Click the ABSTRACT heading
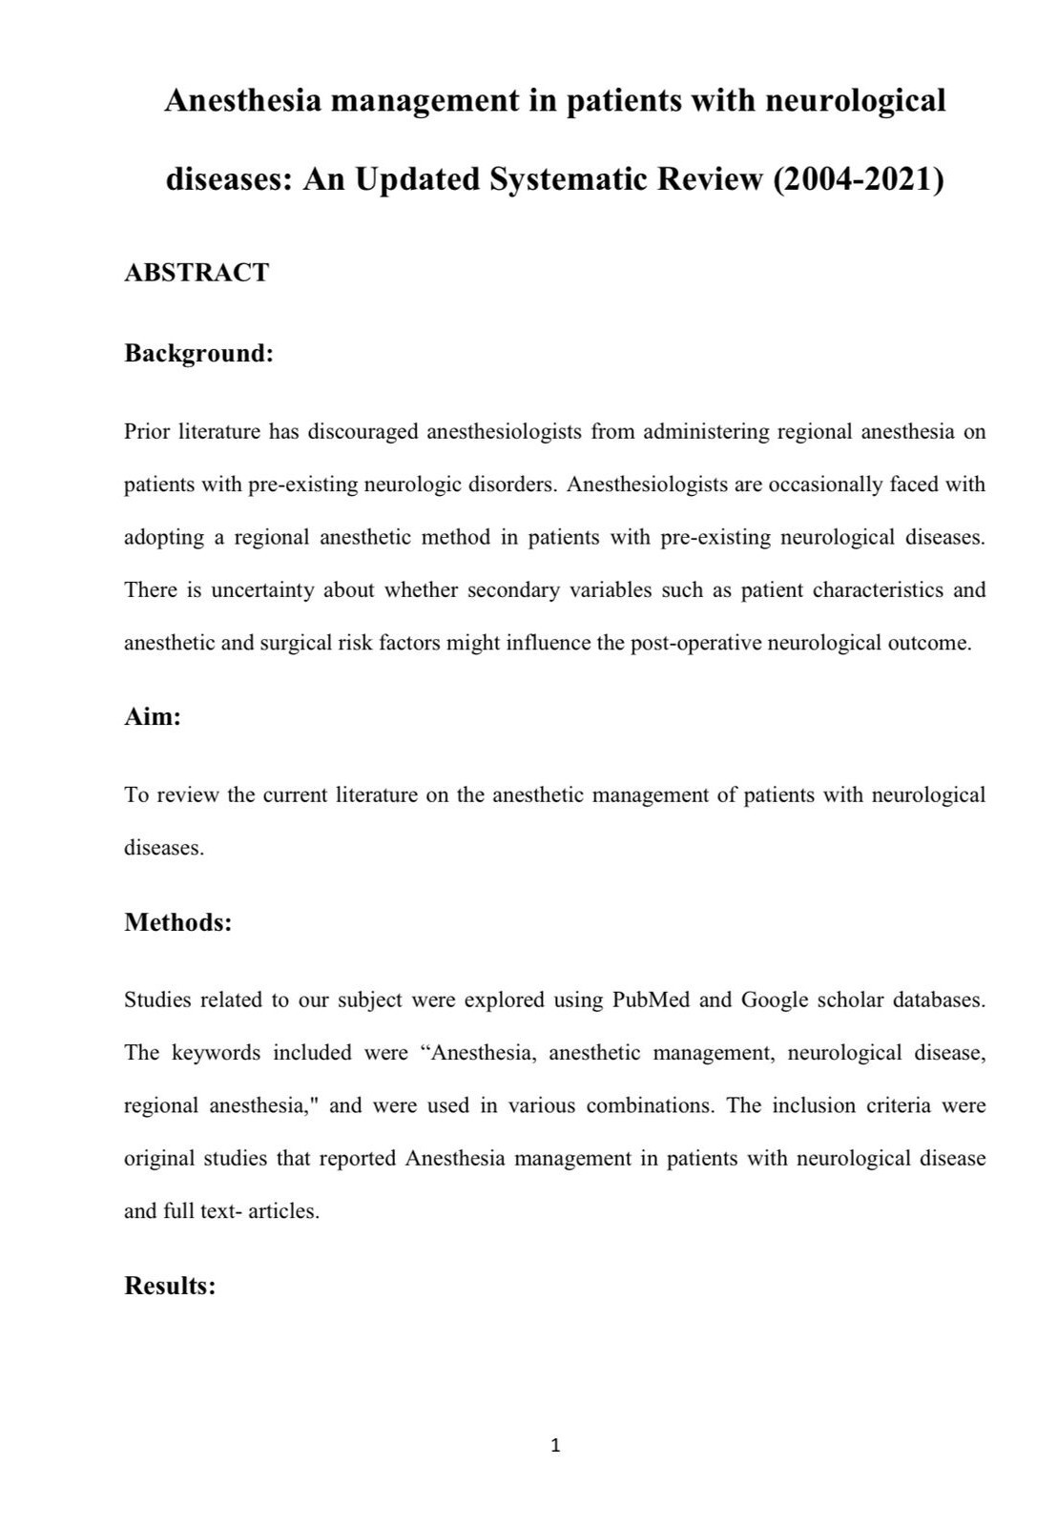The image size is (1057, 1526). [197, 273]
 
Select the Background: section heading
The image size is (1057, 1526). [198, 353]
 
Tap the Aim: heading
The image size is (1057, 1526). [153, 716]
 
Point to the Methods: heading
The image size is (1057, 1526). [178, 922]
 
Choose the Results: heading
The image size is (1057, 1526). [170, 1286]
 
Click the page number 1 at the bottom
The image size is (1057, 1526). [556, 1446]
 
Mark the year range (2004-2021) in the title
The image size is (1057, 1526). [858, 178]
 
